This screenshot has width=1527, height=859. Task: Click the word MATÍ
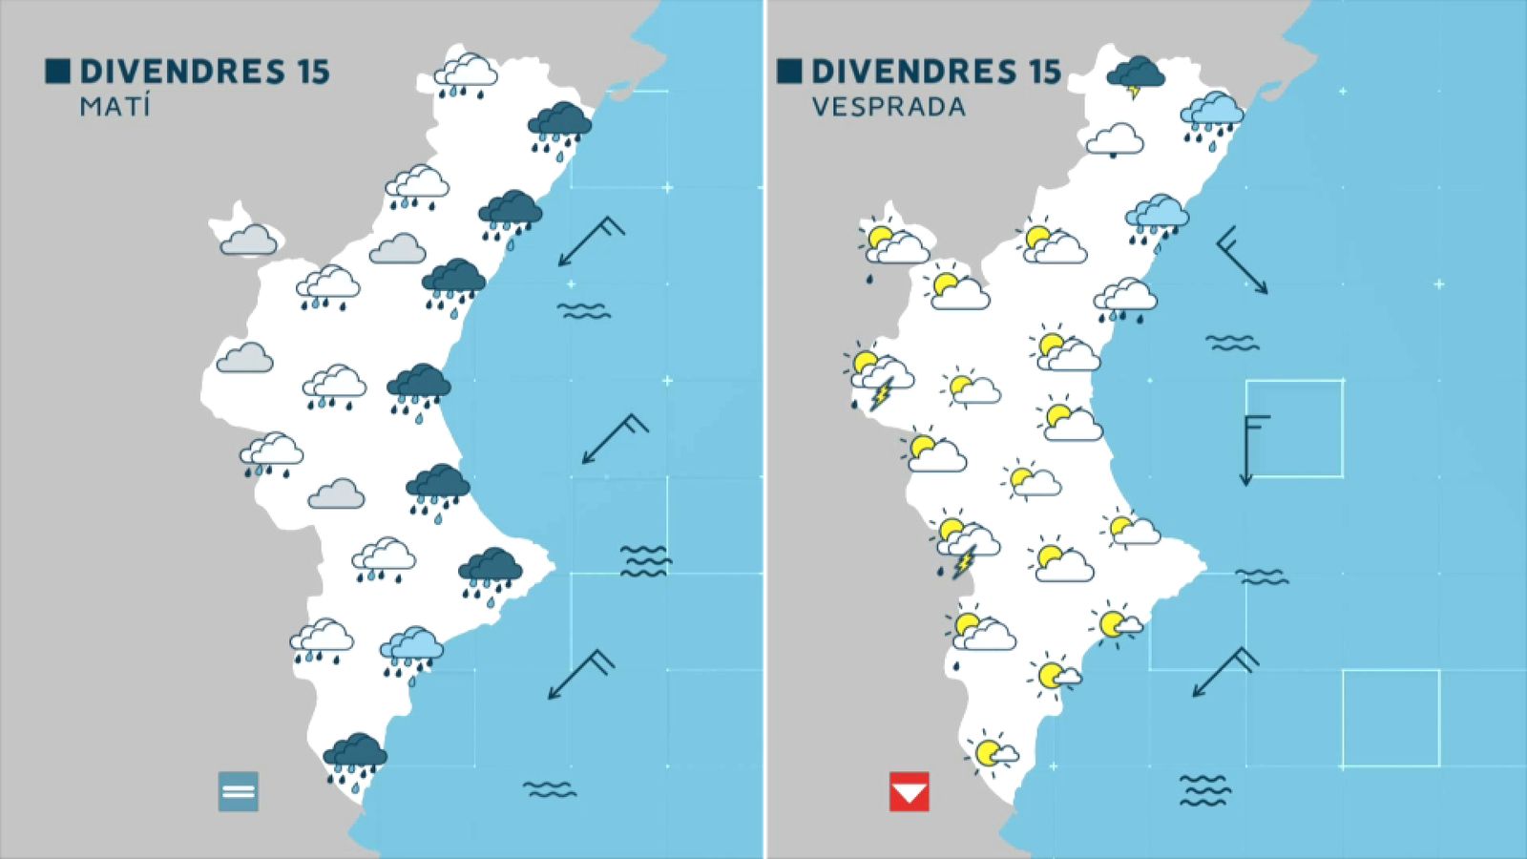(115, 106)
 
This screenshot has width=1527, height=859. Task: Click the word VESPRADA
(889, 107)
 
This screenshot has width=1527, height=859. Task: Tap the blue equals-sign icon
(238, 791)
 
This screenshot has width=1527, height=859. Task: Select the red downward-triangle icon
(909, 792)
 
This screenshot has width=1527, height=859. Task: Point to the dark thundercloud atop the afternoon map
(1136, 74)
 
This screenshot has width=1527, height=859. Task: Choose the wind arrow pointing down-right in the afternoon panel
(1243, 260)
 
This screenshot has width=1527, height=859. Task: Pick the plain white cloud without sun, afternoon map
(1115, 139)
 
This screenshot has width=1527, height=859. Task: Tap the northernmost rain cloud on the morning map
(466, 73)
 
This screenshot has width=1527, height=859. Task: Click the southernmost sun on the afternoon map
(989, 752)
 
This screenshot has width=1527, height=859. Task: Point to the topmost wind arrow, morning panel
(590, 241)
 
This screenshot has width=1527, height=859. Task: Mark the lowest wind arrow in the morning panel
(579, 675)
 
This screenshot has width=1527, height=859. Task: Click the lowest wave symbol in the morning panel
(550, 789)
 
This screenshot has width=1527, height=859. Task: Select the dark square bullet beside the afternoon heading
(788, 72)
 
